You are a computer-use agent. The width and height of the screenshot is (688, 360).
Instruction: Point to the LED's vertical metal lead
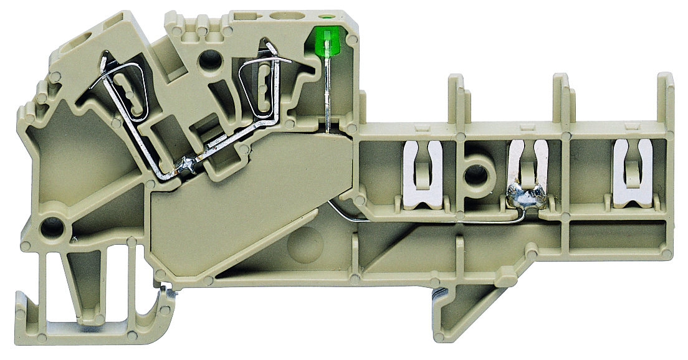click(327, 93)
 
